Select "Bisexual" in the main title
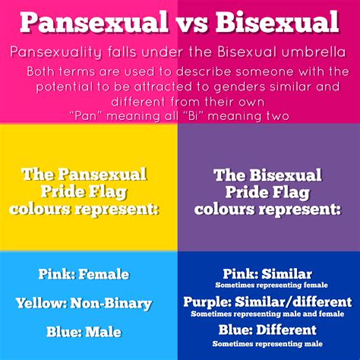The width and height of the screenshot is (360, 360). point(278,22)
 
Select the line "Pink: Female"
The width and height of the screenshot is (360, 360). point(84,274)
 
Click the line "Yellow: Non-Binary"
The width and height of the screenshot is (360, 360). point(84,303)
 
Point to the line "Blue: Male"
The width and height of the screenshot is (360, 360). point(84,332)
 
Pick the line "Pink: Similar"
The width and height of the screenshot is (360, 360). point(267,273)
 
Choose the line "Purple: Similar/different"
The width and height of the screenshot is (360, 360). point(267,302)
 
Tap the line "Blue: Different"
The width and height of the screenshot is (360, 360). point(267,330)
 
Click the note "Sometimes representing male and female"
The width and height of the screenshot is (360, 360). point(267,313)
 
